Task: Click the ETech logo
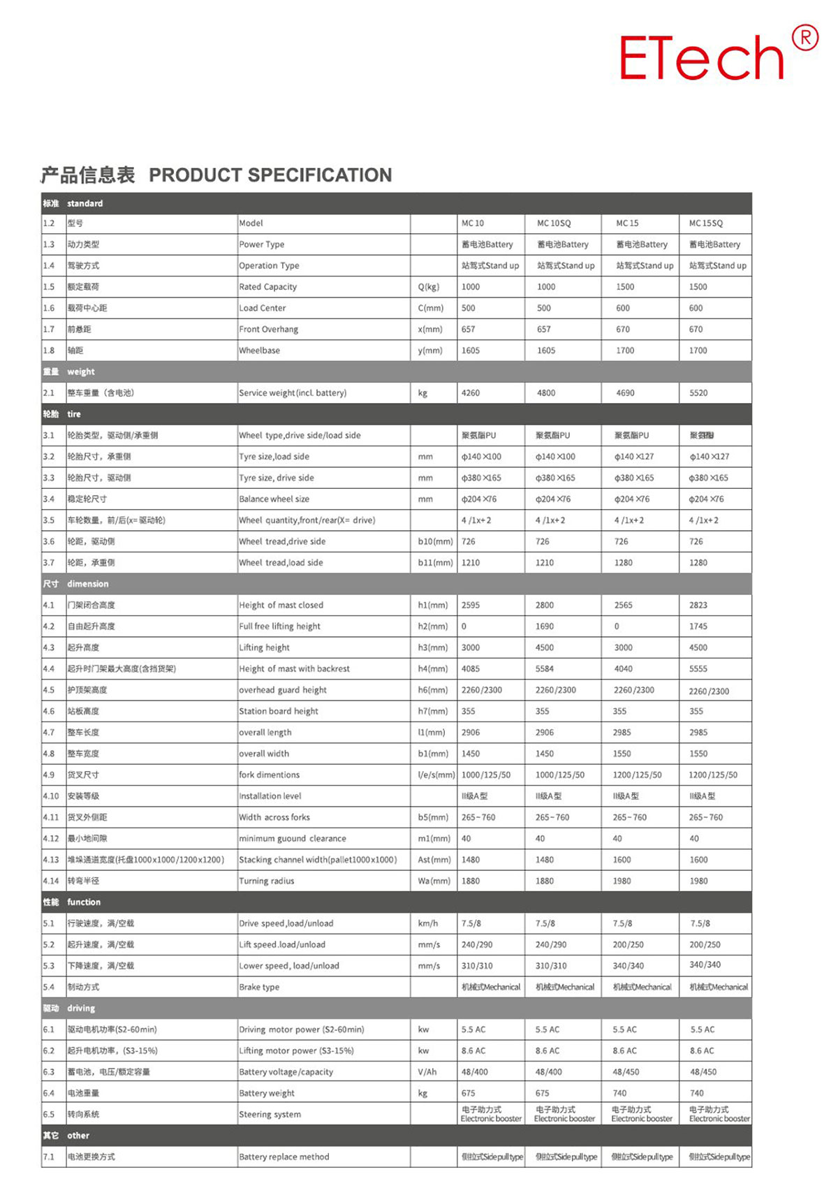(702, 57)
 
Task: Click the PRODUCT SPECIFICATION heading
(270, 175)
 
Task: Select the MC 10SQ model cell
(554, 223)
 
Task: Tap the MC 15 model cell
(627, 223)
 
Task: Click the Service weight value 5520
(698, 393)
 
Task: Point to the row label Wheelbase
(259, 351)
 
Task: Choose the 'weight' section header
(80, 372)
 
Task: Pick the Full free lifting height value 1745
(698, 626)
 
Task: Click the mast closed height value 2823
(698, 606)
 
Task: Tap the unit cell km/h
(428, 923)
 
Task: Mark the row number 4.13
(51, 860)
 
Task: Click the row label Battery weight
(267, 1093)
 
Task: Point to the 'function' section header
(84, 902)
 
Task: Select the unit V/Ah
(427, 1072)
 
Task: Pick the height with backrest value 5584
(545, 669)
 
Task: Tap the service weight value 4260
(471, 393)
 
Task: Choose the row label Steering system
(270, 1115)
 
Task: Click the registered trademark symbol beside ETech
(805, 38)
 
